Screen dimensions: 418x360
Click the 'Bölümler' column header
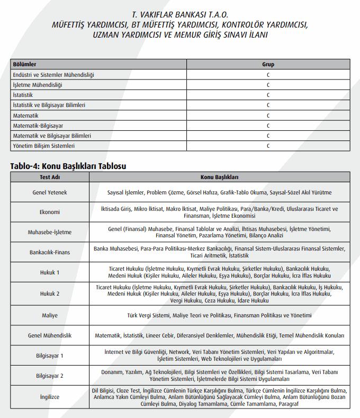point(24,65)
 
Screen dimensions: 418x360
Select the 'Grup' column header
point(268,65)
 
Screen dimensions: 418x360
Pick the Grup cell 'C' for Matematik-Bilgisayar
point(268,126)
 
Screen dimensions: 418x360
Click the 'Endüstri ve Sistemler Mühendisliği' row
point(53,75)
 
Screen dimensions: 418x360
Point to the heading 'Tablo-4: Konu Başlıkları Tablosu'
point(68,166)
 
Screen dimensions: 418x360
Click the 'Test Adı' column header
point(50,176)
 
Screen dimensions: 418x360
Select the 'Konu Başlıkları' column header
point(219,176)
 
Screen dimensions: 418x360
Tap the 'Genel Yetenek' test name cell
point(50,192)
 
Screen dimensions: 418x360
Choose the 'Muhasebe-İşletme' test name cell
point(50,232)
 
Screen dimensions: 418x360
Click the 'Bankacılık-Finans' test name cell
point(50,252)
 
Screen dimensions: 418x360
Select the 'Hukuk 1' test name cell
point(50,272)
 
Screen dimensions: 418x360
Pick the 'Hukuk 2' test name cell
point(50,293)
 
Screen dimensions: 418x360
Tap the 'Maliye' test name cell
point(50,315)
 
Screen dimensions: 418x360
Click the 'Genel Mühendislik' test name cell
point(50,335)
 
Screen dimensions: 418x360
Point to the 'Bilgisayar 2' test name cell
point(50,376)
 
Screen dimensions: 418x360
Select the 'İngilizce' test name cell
point(50,397)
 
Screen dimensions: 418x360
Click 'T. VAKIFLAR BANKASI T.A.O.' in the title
point(179,14)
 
